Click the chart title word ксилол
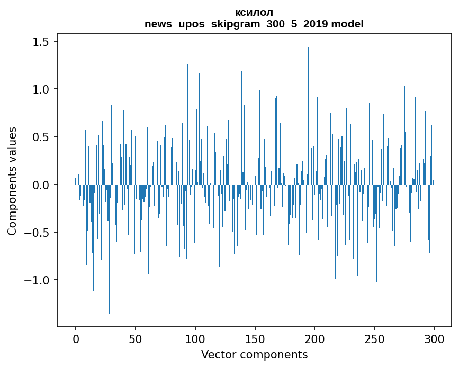254,12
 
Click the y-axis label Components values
12,181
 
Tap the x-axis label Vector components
254,354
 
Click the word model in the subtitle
349,24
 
